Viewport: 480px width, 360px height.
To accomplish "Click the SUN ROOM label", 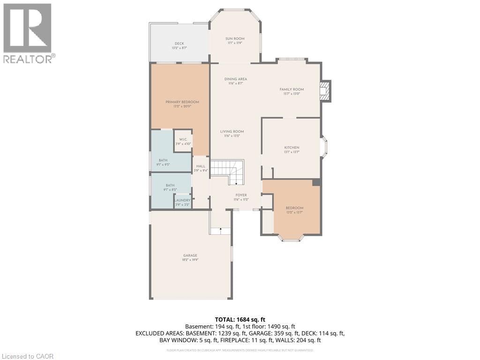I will click(x=235, y=39).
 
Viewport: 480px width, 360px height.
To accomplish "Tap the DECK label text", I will click(x=179, y=44).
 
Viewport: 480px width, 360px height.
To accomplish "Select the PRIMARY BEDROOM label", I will click(x=182, y=102).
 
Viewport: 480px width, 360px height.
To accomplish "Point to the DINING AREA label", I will click(x=235, y=79).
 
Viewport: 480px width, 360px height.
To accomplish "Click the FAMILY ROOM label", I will click(x=292, y=90).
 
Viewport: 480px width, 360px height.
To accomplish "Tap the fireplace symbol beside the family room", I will click(x=324, y=91).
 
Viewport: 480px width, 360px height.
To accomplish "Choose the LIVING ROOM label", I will click(x=232, y=132).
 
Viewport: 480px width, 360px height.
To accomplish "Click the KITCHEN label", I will click(x=292, y=148).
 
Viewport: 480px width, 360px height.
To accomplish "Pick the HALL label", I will click(x=201, y=166).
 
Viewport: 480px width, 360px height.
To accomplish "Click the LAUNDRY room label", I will click(x=182, y=201).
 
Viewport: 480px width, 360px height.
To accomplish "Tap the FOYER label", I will click(x=241, y=195).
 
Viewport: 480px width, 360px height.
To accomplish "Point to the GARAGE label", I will click(x=190, y=255).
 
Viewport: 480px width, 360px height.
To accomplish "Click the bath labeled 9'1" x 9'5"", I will click(x=163, y=160).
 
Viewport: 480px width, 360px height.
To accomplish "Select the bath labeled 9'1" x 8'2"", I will click(x=170, y=186).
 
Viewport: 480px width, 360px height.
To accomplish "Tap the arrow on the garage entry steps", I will click(x=220, y=230).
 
